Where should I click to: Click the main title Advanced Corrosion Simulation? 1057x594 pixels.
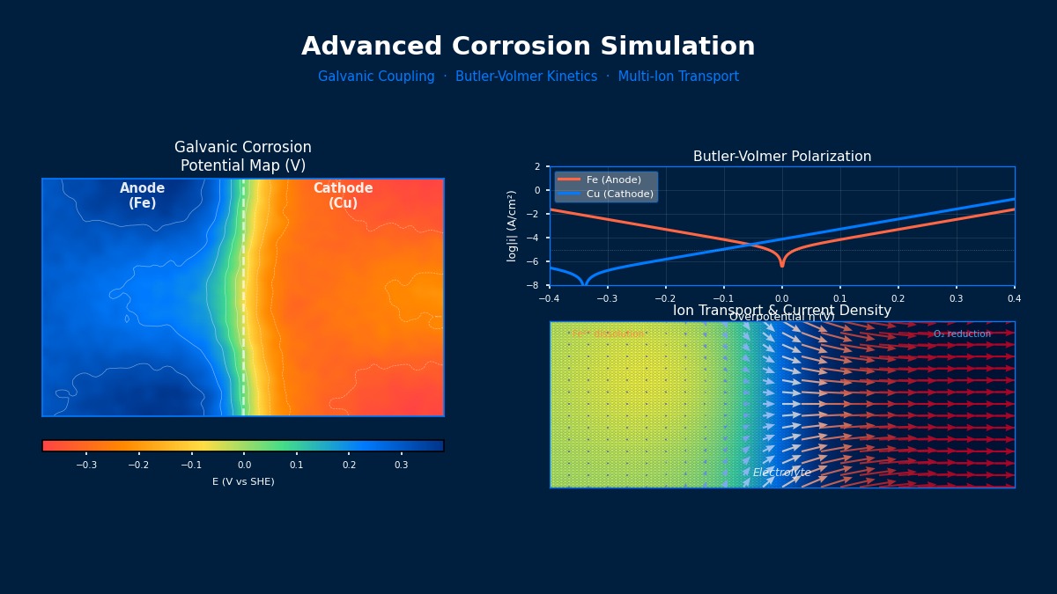tap(528, 47)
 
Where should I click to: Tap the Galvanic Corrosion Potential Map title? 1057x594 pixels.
tap(243, 157)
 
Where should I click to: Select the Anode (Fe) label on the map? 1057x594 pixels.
tap(143, 195)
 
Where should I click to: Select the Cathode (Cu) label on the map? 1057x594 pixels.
tap(343, 195)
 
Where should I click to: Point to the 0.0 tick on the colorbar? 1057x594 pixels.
tap(244, 465)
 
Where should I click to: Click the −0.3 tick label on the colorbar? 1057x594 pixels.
tap(85, 465)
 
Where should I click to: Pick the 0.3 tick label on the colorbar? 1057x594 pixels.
tap(402, 465)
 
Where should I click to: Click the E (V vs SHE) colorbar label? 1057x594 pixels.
tap(243, 481)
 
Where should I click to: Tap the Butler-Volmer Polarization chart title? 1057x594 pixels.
tap(782, 157)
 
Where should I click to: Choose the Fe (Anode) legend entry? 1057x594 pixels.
tap(613, 180)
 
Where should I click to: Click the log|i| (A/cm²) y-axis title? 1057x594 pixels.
tap(512, 225)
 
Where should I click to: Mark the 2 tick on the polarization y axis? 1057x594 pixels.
tap(536, 166)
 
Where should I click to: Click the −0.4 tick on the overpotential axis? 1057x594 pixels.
tap(550, 298)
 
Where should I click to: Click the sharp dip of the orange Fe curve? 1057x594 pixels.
tap(781, 264)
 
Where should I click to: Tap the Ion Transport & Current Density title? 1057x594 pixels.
tap(782, 311)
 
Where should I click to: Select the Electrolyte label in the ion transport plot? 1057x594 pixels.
tap(781, 473)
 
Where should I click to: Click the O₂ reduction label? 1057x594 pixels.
tap(962, 334)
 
